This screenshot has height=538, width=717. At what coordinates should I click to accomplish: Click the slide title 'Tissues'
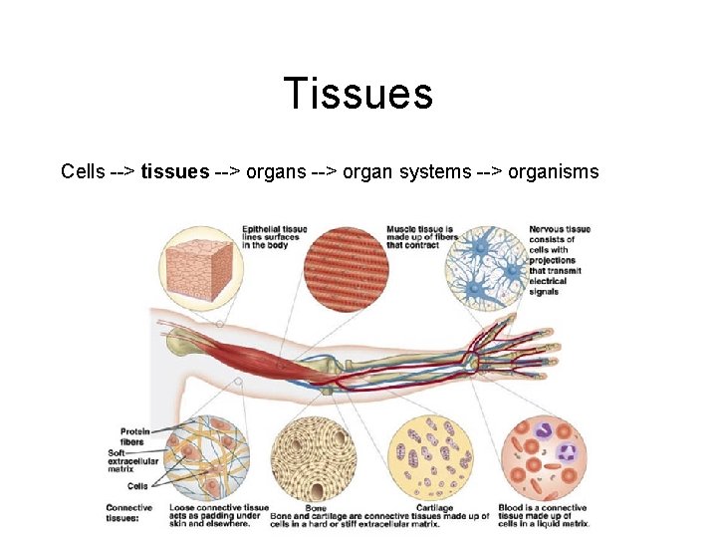[358, 94]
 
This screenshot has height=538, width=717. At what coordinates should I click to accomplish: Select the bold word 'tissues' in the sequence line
[174, 172]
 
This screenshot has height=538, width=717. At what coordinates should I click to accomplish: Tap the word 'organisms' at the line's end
[553, 172]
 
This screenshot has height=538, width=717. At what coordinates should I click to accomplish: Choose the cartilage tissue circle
[431, 456]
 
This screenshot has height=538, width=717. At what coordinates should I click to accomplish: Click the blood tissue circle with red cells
[544, 456]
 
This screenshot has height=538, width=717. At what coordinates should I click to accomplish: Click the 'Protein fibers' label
[135, 436]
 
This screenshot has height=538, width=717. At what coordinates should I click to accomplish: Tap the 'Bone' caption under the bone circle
[316, 506]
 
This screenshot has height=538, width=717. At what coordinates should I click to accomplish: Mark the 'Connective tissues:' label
[128, 512]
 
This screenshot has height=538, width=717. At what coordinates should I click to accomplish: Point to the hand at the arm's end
[508, 354]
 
